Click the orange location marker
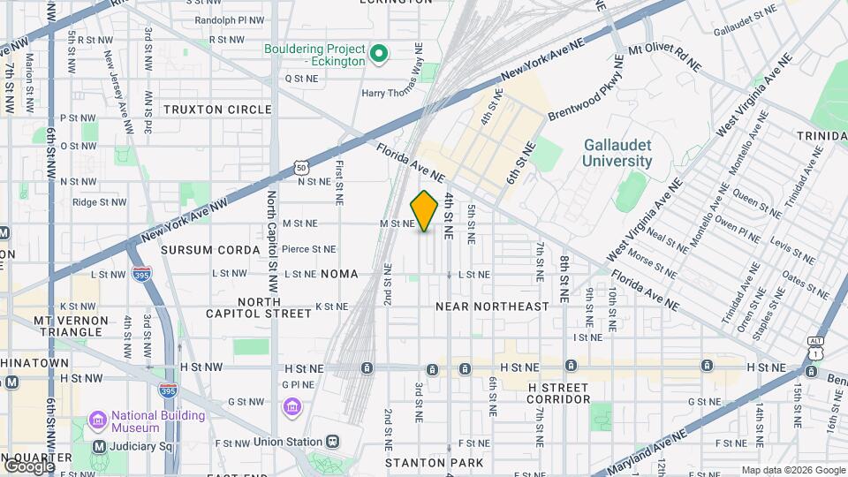point(425,210)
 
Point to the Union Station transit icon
point(332,442)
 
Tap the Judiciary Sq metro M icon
point(99,446)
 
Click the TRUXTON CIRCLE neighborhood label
point(217,110)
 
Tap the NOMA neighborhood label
point(339,275)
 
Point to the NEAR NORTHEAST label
point(492,307)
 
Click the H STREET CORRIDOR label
point(558,393)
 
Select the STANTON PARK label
point(434,463)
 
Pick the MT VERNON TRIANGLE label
point(71,326)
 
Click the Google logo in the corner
point(29,466)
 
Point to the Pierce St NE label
point(308,250)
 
